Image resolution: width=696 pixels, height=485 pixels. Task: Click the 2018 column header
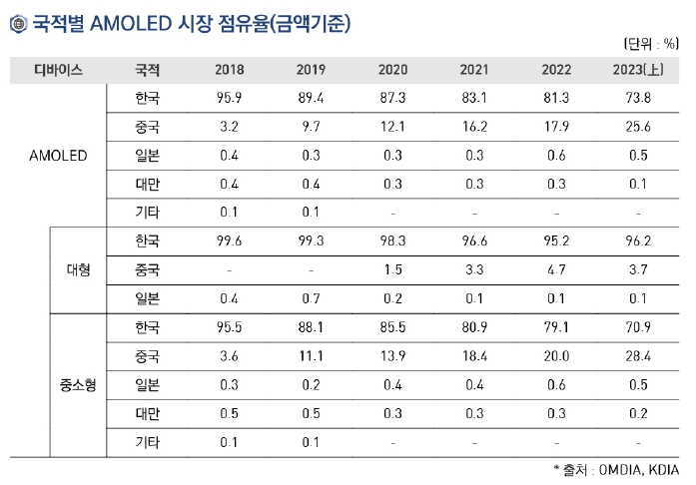coord(229,70)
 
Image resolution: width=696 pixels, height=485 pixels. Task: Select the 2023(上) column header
coord(637,70)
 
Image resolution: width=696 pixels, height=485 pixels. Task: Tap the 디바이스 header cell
coord(58,70)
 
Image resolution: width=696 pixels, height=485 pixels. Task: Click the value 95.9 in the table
coord(229,99)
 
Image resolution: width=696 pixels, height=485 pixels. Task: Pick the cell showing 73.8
coord(637,99)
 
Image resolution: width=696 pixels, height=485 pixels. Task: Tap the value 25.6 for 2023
coord(637,128)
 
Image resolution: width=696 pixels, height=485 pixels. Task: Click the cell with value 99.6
coord(229,242)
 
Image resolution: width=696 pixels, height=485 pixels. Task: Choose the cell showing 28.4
coord(637,356)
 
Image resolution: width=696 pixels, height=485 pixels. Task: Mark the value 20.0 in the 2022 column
coord(555,356)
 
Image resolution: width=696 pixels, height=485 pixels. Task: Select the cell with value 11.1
coord(311,356)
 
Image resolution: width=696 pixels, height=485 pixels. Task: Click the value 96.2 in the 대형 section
coord(637,242)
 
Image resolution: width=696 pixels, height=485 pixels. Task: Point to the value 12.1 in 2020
coord(392,128)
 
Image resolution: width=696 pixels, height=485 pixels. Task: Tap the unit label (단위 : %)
coord(649,43)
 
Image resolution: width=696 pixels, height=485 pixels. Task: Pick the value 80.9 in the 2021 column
coord(473,327)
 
